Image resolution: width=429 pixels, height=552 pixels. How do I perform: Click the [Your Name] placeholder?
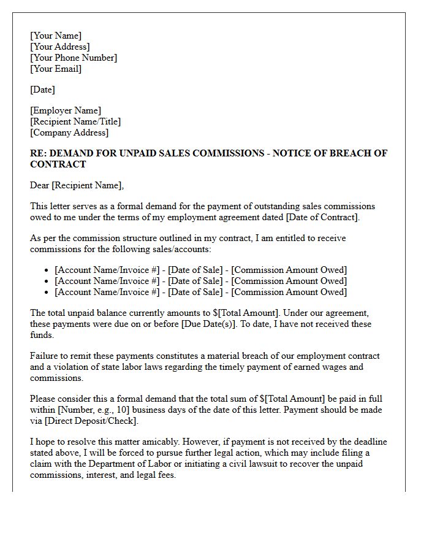(56, 36)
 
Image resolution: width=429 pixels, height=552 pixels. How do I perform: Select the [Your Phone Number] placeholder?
(74, 58)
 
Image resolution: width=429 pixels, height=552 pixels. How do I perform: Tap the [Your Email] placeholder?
(56, 69)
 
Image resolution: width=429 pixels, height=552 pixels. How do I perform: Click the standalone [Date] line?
(42, 90)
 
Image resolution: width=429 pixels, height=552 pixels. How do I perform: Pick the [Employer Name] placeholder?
(66, 110)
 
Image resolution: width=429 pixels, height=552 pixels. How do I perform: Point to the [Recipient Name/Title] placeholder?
(75, 121)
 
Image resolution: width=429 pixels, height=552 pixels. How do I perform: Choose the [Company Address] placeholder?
(69, 132)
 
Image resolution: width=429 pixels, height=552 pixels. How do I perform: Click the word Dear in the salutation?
(40, 185)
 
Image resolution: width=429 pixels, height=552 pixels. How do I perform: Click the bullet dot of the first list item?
(47, 270)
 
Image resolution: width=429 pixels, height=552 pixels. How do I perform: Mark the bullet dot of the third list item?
(47, 293)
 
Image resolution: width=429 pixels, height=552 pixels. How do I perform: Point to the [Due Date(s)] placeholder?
(209, 324)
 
